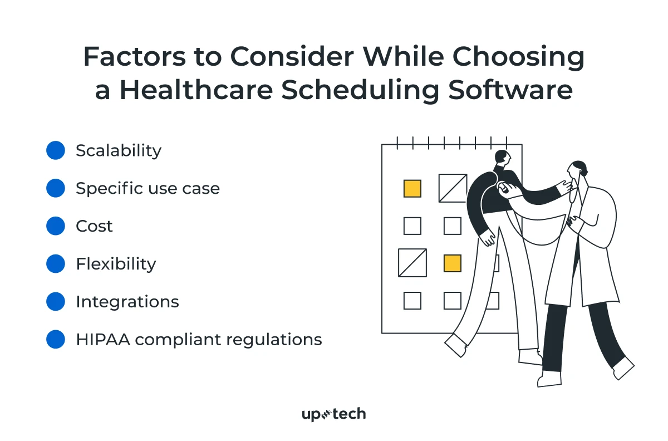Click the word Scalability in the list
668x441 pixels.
(119, 151)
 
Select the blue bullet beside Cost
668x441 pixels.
(56, 226)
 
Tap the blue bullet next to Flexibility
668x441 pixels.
(56, 264)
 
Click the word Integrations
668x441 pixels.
(127, 302)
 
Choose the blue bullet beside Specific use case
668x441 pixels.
(56, 188)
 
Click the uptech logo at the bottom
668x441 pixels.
(333, 414)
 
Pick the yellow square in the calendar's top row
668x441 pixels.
(412, 188)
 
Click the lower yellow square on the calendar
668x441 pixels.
(453, 263)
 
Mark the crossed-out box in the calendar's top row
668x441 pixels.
(453, 188)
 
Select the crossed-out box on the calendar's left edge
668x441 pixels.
(412, 263)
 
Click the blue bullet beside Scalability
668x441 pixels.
(56, 151)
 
